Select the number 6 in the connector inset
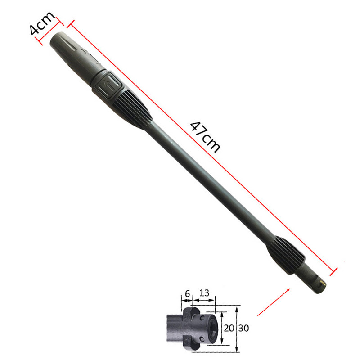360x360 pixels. tap(187, 293)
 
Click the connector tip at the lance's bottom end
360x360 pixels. tap(317, 281)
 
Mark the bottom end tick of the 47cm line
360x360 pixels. tap(334, 270)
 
